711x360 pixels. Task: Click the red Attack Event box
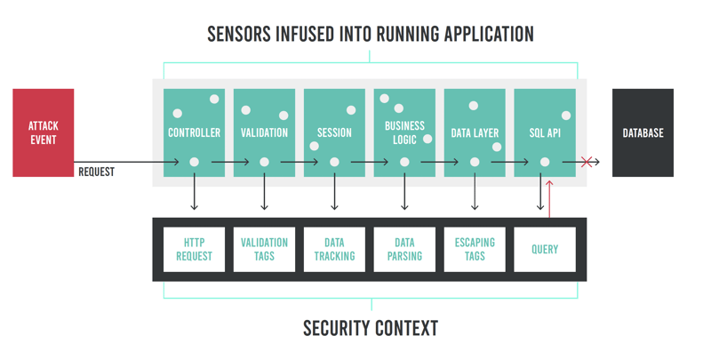43,132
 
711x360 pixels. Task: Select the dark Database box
643,132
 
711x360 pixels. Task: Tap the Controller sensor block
194,132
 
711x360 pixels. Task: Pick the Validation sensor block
264,132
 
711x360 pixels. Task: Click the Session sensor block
334,132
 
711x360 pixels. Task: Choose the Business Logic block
404,132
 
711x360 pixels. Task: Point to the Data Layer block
475,132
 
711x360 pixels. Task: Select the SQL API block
545,132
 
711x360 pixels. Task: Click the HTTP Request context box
194,249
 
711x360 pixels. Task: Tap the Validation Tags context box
264,249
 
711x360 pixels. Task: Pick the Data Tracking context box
334,249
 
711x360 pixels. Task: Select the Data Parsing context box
404,249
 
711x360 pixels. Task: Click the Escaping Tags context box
475,249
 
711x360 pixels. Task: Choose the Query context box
545,249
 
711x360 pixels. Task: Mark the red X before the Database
586,162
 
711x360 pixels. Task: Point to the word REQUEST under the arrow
96,172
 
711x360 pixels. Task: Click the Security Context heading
370,328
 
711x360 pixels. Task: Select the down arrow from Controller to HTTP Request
194,191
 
